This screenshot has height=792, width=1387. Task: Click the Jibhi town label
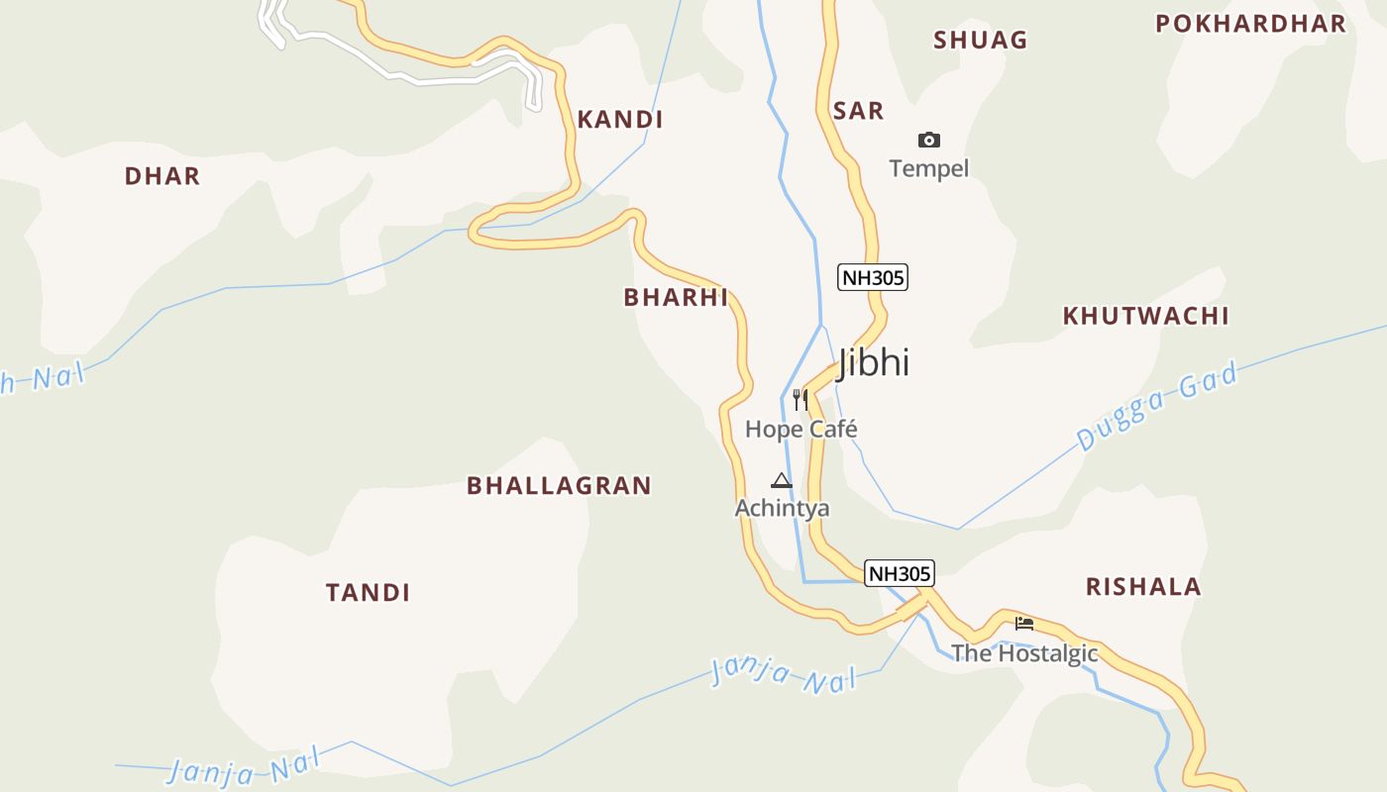click(873, 362)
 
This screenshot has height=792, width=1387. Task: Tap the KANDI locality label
click(620, 120)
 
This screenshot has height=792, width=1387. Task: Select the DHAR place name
click(162, 176)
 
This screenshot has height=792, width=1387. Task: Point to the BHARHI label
click(676, 297)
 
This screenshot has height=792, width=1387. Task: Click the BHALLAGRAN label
click(559, 485)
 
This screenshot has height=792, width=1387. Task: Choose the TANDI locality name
click(368, 593)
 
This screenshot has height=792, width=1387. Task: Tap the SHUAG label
click(980, 41)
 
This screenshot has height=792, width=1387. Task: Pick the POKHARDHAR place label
click(1250, 24)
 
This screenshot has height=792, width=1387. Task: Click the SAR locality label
click(858, 111)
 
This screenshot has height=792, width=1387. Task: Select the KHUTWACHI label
click(1145, 316)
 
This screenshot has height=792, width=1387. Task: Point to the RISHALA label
click(1143, 586)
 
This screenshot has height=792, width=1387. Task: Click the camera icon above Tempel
click(928, 140)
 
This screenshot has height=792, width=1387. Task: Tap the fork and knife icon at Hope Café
click(800, 400)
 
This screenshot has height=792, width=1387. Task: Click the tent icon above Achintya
click(782, 481)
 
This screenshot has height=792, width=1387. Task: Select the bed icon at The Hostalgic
click(1024, 624)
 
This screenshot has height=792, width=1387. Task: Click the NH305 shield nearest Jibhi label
click(873, 277)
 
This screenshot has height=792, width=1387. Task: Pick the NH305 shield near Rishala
click(900, 573)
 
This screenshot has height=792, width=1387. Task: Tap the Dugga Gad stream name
click(1157, 407)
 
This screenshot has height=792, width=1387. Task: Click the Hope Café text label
click(800, 430)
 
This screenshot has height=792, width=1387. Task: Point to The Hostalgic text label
click(1024, 653)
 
